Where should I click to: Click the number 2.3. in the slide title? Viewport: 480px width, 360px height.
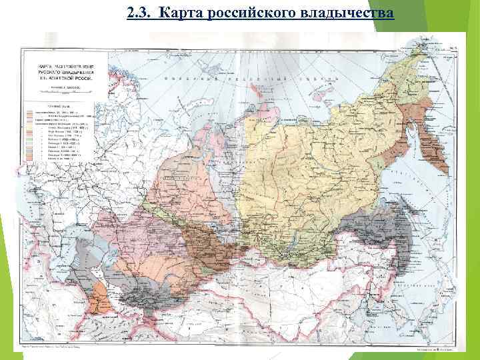coord(139,13)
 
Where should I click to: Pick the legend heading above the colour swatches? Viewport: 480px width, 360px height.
coord(59,106)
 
